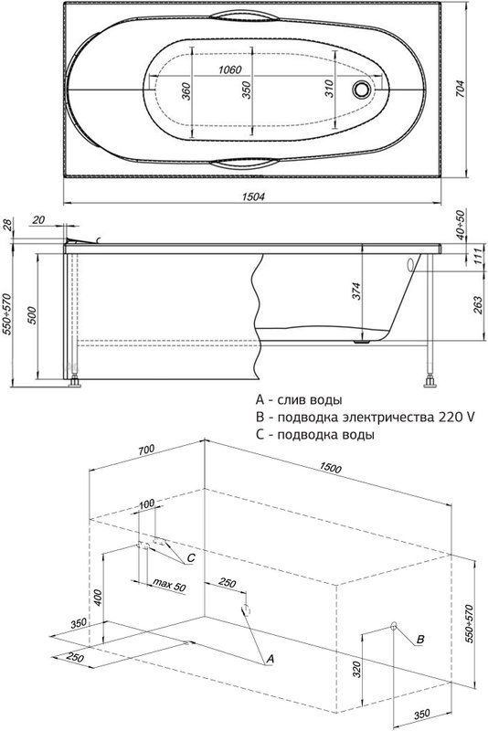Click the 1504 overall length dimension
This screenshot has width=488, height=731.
(x=253, y=197)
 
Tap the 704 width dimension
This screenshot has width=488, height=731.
(x=459, y=90)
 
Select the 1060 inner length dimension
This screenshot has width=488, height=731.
(x=230, y=70)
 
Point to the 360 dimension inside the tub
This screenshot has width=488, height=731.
(x=186, y=91)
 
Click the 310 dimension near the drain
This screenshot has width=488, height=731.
(x=329, y=89)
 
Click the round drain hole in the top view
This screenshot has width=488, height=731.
(x=362, y=89)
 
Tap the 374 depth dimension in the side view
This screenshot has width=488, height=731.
(x=356, y=291)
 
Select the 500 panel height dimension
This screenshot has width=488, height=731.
(x=32, y=315)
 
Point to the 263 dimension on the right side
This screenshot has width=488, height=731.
(x=478, y=305)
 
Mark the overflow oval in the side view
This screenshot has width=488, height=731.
(x=410, y=265)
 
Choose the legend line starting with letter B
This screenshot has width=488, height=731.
(x=365, y=417)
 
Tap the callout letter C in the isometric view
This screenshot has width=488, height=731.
(x=191, y=558)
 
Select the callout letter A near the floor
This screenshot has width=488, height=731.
(x=270, y=659)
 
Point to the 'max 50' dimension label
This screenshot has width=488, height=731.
(x=169, y=586)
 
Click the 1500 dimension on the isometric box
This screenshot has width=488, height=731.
(x=330, y=468)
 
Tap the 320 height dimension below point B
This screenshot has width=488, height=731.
(x=356, y=669)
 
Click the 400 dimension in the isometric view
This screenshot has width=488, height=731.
(x=97, y=599)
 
